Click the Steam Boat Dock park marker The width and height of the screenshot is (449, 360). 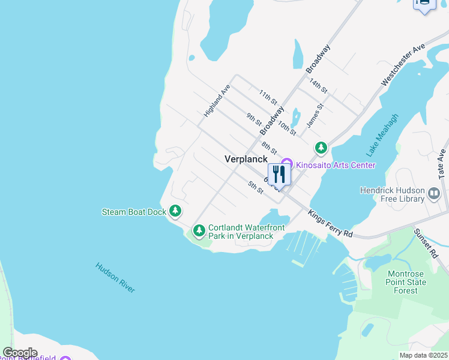(x=175, y=211)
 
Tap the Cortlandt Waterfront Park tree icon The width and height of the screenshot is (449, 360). (x=199, y=231)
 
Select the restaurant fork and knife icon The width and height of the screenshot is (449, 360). (x=279, y=175)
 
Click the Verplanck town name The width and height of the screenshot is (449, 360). (x=246, y=159)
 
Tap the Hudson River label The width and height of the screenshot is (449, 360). (x=115, y=278)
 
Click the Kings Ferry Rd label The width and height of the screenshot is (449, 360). (x=330, y=224)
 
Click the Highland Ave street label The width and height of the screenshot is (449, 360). (x=217, y=100)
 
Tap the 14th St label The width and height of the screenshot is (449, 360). (x=318, y=86)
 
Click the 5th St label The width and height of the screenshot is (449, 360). (x=256, y=187)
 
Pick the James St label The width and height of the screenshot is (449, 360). (x=315, y=115)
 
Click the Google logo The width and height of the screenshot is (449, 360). (x=20, y=353)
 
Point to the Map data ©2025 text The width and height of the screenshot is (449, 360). (x=424, y=355)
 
